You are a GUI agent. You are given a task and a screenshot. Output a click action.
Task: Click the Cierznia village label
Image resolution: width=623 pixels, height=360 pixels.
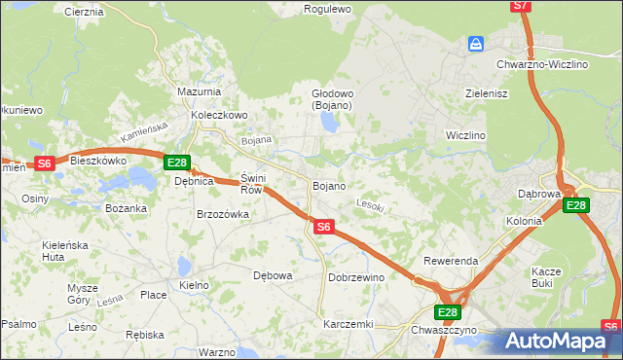(x=83, y=12)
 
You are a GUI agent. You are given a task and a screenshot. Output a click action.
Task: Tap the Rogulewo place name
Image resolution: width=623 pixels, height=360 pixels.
(x=327, y=9)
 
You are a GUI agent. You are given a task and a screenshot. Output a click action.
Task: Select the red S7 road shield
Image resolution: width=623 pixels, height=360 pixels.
(x=521, y=6)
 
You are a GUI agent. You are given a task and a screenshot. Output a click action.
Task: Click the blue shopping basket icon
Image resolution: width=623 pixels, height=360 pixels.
(x=476, y=45)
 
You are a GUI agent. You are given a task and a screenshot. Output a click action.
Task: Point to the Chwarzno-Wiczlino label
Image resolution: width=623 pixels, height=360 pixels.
(x=542, y=64)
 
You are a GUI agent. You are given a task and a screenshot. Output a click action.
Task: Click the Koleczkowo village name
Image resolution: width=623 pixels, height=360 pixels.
(x=220, y=114)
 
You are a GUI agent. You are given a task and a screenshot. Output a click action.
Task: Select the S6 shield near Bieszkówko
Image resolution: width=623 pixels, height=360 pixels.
(x=44, y=163)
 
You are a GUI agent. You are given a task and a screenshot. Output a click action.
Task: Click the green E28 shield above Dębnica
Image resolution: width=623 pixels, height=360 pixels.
(x=176, y=162)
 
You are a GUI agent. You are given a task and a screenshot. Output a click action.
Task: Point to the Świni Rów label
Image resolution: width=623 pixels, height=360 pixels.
(x=252, y=184)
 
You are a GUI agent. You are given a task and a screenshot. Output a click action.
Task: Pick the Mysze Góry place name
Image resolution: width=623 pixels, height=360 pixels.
(x=83, y=294)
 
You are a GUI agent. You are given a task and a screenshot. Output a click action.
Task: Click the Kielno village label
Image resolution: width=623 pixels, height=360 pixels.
(x=194, y=285)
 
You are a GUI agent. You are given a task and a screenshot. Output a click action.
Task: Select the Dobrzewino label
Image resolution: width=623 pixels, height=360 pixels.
(x=356, y=277)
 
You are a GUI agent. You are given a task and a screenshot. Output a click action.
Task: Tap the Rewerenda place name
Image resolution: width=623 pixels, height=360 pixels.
(x=450, y=262)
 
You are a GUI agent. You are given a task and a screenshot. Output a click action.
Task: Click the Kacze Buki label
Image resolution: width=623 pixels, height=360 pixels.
(x=544, y=277)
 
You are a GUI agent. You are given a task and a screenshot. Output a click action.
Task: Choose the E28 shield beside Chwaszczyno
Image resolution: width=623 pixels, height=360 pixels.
(x=447, y=311)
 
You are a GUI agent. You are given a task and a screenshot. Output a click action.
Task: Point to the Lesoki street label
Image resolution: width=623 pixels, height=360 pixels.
(x=371, y=206)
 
